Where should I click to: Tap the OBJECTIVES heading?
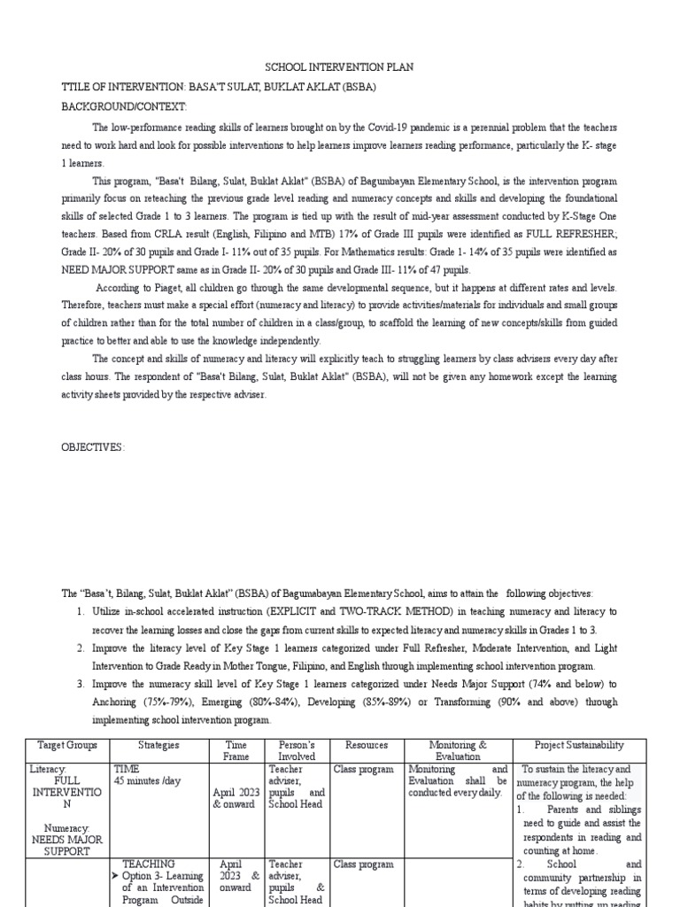(x=93, y=447)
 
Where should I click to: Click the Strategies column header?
(x=159, y=746)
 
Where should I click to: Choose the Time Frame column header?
(x=236, y=751)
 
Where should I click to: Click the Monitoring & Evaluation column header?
(x=458, y=751)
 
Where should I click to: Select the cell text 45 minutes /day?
(x=148, y=781)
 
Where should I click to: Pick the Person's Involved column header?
(x=297, y=751)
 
